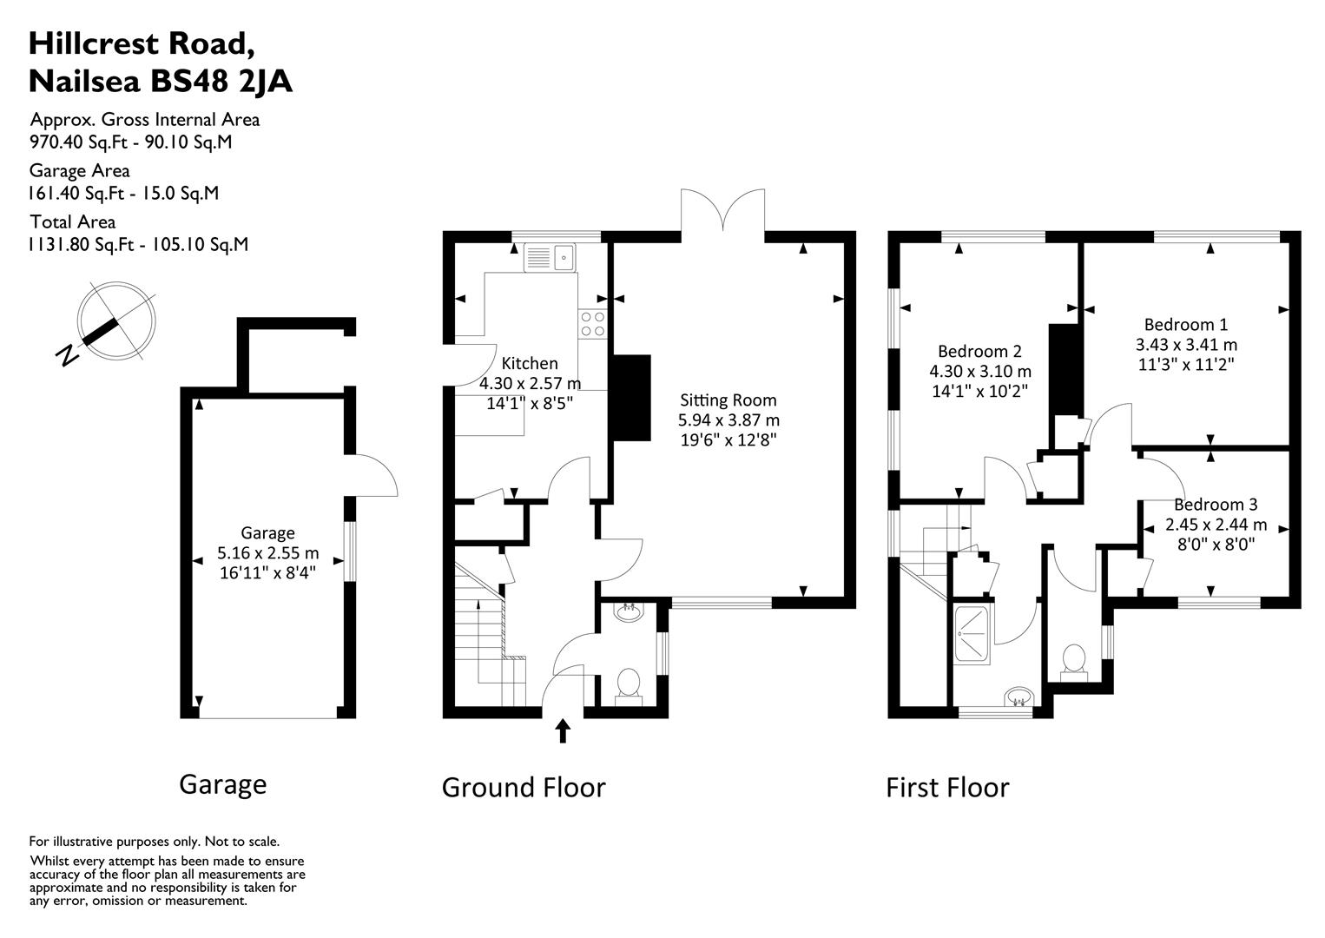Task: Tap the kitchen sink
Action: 550,258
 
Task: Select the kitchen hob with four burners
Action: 593,324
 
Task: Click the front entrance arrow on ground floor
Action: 563,730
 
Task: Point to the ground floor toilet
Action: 627,684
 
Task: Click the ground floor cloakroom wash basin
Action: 627,612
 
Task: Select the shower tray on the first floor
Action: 971,635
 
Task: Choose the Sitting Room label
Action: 728,400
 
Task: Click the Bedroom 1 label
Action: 1185,325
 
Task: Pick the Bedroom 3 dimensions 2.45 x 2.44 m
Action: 1216,525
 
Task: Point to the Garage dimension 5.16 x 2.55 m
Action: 267,552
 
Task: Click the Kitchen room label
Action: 530,364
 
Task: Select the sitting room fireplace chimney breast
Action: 632,398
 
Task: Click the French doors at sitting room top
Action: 723,211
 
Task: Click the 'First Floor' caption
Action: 946,788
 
